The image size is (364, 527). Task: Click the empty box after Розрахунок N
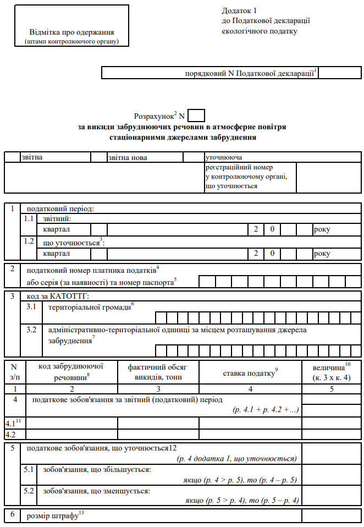(196, 116)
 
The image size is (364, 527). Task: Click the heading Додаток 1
(239, 10)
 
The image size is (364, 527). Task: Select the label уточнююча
(224, 157)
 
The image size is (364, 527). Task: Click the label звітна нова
(128, 157)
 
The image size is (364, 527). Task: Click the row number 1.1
(29, 218)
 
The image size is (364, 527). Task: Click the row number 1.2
(29, 241)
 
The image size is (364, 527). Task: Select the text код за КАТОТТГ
(58, 297)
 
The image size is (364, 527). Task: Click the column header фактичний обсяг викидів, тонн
(158, 372)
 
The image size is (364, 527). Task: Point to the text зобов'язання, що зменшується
(96, 490)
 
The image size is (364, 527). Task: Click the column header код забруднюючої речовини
(71, 372)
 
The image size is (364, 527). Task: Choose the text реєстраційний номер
(239, 167)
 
